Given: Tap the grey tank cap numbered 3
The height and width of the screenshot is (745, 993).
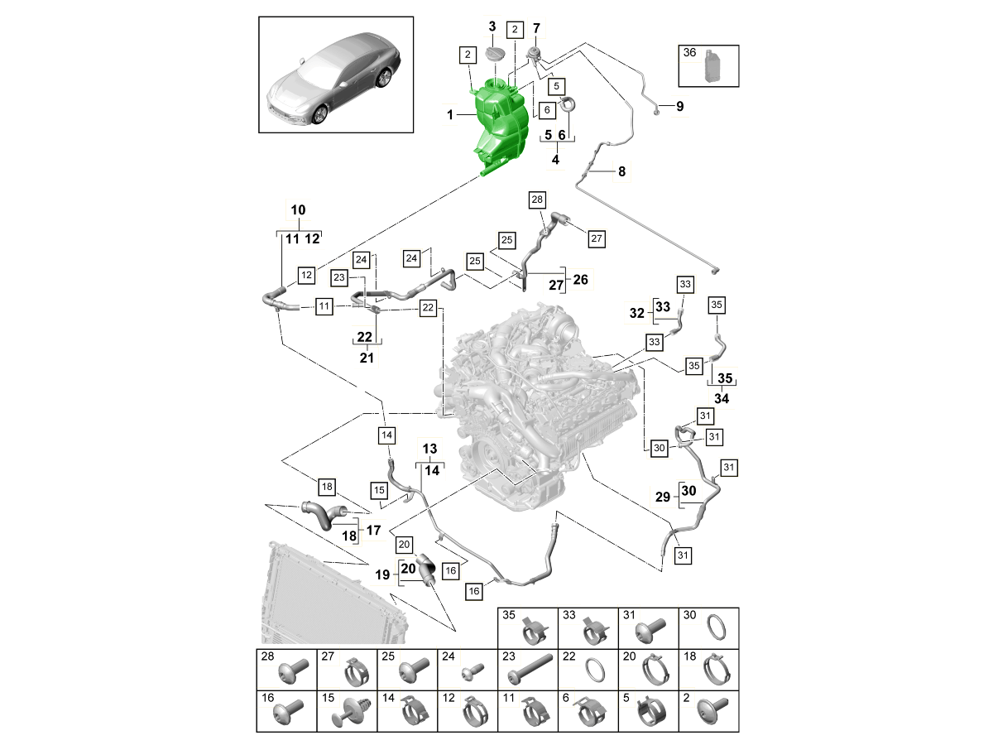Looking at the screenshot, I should point(494,54).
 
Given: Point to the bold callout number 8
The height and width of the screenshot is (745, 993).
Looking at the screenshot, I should point(621,172).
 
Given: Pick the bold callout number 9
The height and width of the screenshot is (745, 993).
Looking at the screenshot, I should point(679,106).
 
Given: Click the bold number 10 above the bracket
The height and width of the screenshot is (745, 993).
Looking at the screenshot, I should point(298,210).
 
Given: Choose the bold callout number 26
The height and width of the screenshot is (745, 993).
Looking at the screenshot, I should point(580,279).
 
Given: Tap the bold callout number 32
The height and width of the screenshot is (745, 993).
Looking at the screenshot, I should point(636,314).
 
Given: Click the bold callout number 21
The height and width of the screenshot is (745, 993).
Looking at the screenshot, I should point(367,358).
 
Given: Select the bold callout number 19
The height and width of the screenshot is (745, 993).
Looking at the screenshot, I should point(382,574).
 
